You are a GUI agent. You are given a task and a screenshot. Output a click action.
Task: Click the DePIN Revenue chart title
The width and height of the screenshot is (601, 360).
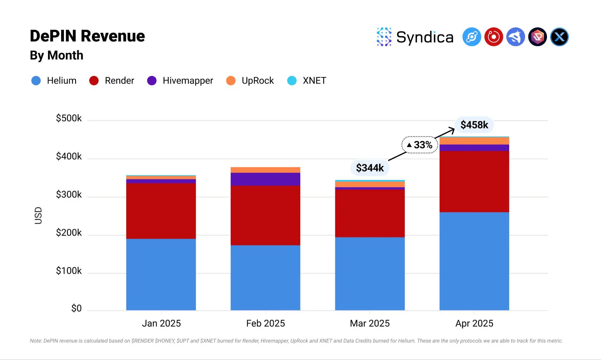[x=87, y=36]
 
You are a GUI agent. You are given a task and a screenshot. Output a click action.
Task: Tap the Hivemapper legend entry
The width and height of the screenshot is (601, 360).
[x=180, y=80]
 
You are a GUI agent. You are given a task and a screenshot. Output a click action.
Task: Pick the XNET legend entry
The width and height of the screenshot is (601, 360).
[x=307, y=80]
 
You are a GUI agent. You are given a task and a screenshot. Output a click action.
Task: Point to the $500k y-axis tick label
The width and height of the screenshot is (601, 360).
[x=69, y=118]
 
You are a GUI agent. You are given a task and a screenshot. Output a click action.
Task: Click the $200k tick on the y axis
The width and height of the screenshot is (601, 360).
[x=69, y=233]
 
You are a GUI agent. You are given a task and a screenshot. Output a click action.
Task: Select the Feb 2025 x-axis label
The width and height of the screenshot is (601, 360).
[x=265, y=323]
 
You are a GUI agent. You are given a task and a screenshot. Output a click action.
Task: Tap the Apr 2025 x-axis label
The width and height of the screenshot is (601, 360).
[x=474, y=323]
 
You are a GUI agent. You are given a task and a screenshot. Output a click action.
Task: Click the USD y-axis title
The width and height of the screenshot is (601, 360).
[x=38, y=216]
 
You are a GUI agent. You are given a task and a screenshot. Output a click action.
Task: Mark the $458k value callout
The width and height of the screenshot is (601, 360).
[x=474, y=125]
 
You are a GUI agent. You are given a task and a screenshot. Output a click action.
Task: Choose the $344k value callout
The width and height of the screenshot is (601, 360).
[x=370, y=168]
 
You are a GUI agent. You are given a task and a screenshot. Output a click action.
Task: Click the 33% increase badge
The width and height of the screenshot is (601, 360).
[x=420, y=145]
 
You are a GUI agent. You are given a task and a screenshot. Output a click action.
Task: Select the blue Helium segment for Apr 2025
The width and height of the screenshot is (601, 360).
[x=474, y=261]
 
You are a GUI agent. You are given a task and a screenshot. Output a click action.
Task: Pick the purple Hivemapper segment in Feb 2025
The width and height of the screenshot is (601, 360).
[x=265, y=179]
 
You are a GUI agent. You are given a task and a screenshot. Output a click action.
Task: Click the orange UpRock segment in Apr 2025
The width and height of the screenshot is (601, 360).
[x=474, y=141]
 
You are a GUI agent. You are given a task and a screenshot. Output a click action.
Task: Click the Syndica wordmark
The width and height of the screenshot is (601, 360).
[x=425, y=37]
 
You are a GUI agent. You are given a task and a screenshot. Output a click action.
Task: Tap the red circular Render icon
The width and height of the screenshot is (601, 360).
[x=494, y=37]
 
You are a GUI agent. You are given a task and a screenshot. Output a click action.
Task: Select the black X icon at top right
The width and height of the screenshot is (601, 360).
[x=559, y=37]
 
